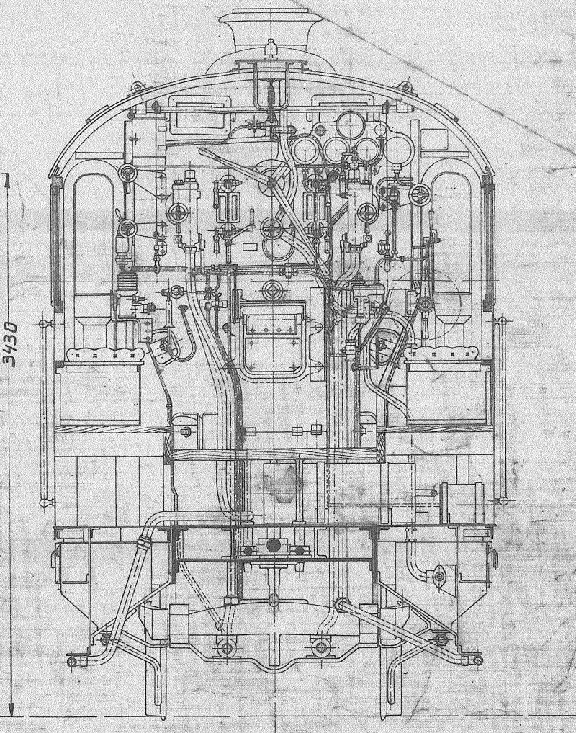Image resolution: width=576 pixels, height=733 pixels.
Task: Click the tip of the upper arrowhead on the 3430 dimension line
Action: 6,174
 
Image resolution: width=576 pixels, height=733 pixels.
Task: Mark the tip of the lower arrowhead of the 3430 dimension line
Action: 12,716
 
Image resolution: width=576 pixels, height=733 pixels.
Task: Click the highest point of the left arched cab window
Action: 94,174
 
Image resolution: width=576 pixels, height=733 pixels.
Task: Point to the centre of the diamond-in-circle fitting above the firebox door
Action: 272,290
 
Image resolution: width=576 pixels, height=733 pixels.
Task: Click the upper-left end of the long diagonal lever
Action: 200,150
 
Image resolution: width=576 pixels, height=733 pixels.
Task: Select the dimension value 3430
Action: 12,343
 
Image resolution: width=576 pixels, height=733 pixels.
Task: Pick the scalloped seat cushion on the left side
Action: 104,355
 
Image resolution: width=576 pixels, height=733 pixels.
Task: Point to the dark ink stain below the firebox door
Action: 282,485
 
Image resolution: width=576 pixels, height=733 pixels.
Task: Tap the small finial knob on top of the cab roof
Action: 271,48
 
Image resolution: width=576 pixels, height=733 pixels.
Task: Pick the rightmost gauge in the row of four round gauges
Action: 400,148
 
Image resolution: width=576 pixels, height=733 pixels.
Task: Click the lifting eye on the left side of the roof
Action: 136,87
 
